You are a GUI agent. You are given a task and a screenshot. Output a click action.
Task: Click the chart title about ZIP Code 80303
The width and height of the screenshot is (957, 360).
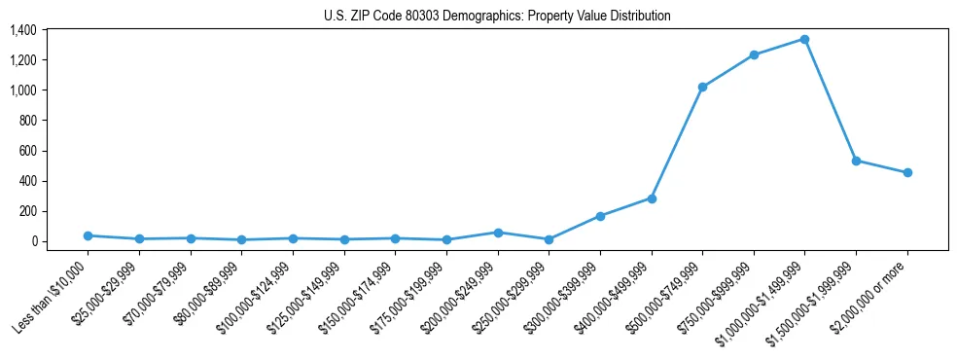(497, 16)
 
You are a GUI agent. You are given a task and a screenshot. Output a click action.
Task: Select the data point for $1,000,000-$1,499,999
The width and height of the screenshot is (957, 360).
(804, 39)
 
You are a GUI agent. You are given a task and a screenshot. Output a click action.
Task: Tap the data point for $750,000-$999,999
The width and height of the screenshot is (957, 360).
(753, 54)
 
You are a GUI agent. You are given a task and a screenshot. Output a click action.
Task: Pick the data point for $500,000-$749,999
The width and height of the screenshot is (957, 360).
(702, 88)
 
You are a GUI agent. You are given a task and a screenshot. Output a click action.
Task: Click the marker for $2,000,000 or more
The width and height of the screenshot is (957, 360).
(906, 172)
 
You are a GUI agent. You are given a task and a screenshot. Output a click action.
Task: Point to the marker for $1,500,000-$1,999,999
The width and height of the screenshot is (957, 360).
(856, 161)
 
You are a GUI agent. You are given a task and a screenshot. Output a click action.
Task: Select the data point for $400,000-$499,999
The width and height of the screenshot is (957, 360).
(651, 198)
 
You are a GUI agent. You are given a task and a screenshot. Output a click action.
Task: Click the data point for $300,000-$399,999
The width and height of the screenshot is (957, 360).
(600, 216)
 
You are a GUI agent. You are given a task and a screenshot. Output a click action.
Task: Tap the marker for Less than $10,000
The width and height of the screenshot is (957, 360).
(89, 235)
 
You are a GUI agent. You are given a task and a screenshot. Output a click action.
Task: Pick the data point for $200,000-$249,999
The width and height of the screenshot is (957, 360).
(498, 233)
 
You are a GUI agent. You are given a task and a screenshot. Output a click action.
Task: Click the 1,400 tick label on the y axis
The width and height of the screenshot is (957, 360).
(22, 30)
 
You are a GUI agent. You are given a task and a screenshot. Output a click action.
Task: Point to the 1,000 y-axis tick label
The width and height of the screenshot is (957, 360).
(22, 90)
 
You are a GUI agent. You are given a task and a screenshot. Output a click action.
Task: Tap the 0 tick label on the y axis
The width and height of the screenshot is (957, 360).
(33, 241)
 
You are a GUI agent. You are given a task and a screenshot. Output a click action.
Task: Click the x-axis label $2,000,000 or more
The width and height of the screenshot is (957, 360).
(871, 291)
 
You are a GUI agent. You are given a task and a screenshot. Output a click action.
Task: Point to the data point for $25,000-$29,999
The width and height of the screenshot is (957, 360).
(140, 238)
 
